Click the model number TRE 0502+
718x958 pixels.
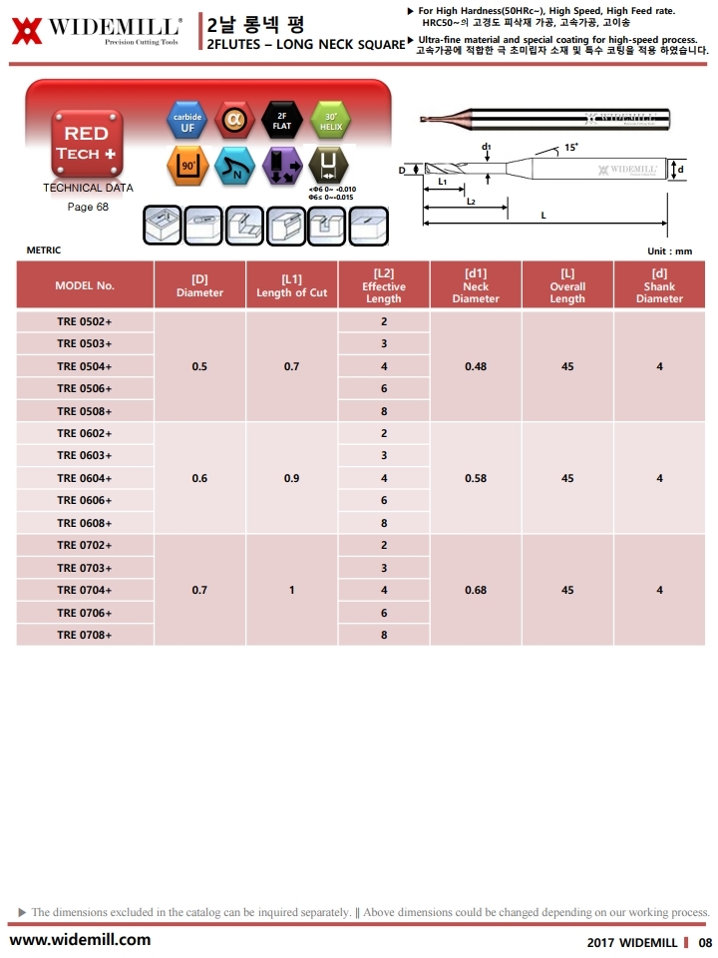85,321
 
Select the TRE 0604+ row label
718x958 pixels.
85,478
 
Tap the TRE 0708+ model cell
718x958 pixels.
85,635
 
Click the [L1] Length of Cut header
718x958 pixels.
291,286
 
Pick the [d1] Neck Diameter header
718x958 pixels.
476,286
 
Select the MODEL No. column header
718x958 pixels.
85,286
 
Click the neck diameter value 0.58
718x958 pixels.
476,478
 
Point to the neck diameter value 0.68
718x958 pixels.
476,590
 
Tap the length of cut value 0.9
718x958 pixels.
291,478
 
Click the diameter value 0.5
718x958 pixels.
199,366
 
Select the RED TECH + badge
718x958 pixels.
87,144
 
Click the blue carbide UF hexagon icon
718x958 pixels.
187,122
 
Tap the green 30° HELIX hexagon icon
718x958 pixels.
330,122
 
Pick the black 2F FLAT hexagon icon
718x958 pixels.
281,122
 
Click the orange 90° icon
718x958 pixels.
187,165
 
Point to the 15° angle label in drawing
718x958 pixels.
571,147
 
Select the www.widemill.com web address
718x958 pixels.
81,939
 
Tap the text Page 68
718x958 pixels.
88,207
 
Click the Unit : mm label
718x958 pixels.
669,250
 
